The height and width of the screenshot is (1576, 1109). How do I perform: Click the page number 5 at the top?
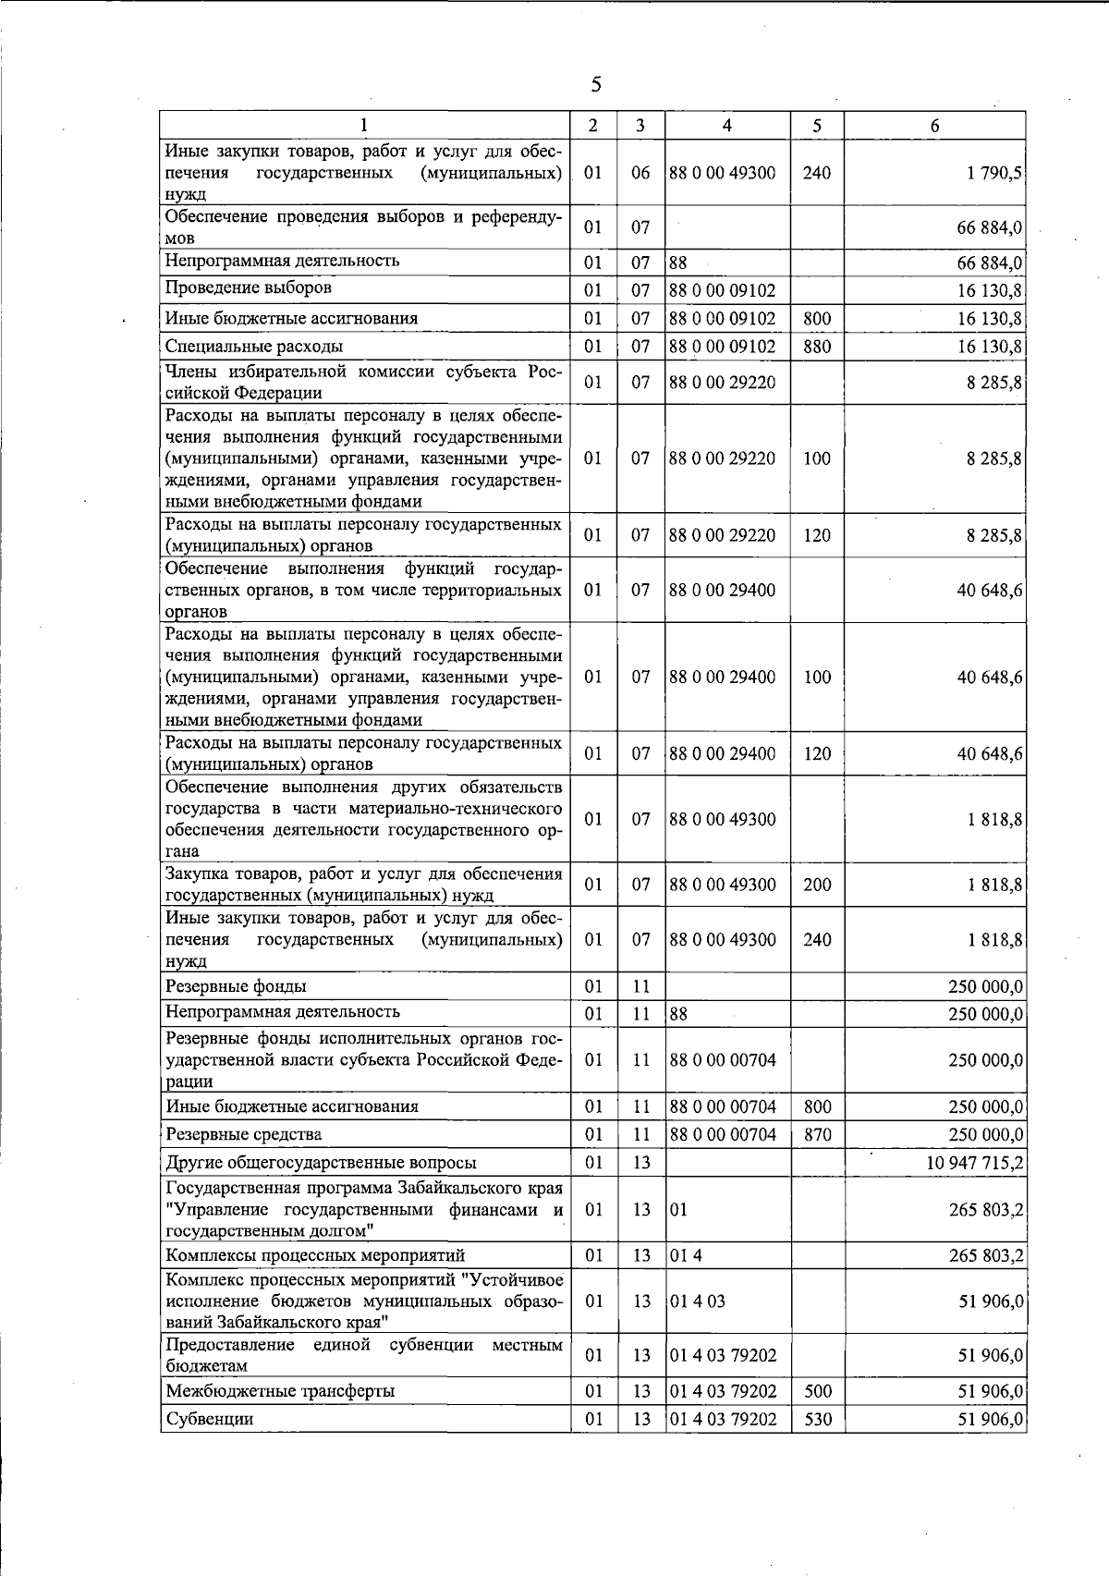pos(595,85)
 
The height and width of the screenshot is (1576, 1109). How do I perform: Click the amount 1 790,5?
pos(994,173)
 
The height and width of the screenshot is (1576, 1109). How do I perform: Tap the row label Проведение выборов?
pos(249,288)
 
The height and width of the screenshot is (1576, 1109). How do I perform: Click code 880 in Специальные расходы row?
pos(817,347)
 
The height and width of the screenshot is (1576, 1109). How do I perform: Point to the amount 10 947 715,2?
pos(975,1163)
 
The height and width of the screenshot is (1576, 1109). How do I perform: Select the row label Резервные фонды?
pos(236,986)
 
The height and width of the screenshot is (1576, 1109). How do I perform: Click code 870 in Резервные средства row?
pos(817,1134)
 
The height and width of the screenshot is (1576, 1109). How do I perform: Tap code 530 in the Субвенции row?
pos(817,1419)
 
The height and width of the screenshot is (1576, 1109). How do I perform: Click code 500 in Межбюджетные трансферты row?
pos(817,1391)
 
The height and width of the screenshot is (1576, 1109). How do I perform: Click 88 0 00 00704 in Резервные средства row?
pos(722,1134)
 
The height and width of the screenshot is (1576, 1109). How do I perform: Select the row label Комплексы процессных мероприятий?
pos(314,1255)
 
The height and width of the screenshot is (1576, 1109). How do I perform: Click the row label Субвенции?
pos(209,1419)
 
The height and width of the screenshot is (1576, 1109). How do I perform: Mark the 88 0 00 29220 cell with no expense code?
pos(722,382)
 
